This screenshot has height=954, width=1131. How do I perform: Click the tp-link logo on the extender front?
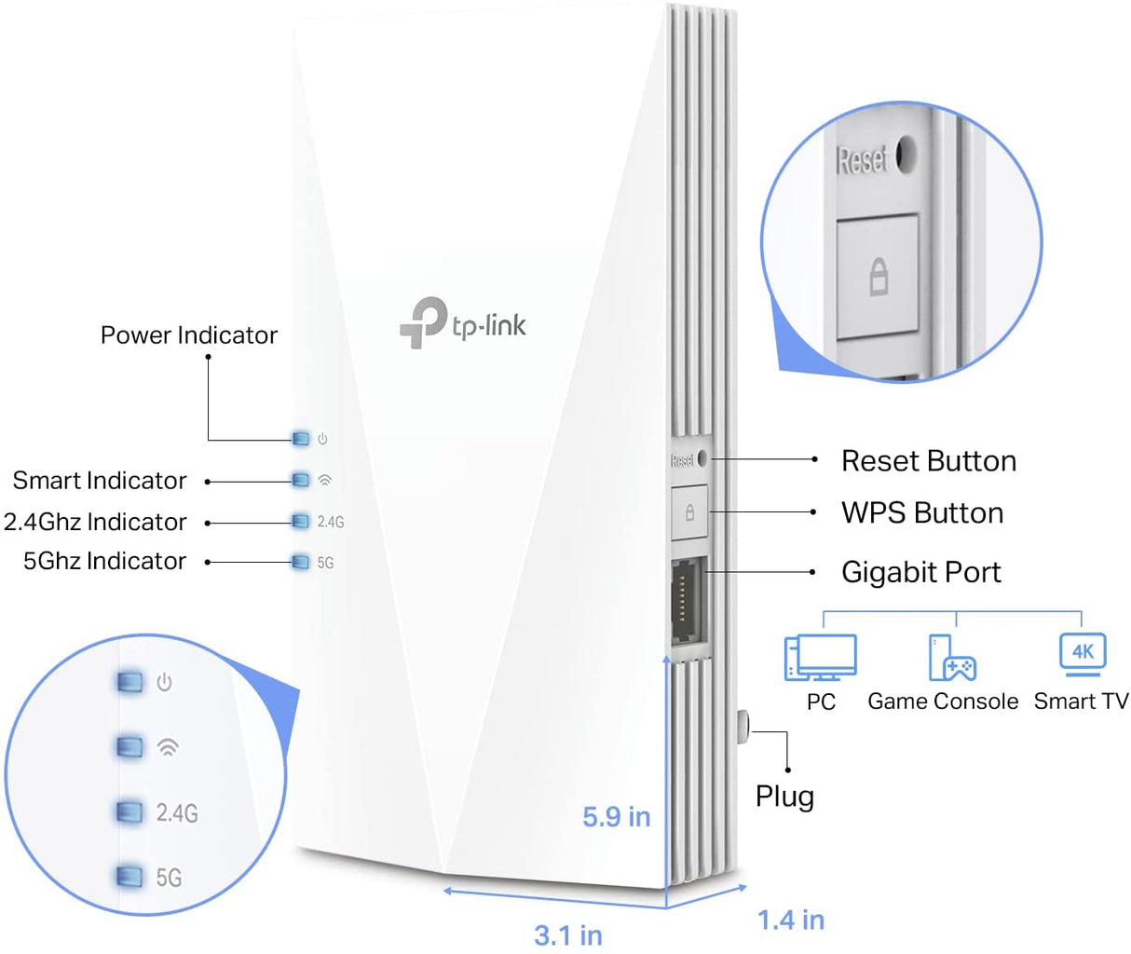coord(463,323)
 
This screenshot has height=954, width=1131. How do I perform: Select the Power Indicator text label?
coord(188,335)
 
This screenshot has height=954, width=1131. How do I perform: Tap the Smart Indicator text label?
coord(100,481)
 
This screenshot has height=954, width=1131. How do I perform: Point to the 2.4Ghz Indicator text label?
coord(95,522)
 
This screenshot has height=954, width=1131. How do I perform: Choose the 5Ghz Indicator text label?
coord(104,561)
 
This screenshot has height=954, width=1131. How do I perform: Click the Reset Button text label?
coord(928,461)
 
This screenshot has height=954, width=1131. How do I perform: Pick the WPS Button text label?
coord(921,513)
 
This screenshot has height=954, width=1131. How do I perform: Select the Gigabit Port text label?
coord(920,572)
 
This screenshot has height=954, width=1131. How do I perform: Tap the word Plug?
coord(784,797)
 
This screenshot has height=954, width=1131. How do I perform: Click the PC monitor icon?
coord(820,658)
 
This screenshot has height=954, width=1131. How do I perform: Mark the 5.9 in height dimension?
coord(616,817)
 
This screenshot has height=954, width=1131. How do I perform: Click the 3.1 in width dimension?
coord(567,934)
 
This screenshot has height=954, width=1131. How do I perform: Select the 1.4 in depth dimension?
coord(790,920)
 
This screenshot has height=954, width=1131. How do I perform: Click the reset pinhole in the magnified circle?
coord(906,156)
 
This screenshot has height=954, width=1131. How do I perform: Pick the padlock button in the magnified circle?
coord(878,277)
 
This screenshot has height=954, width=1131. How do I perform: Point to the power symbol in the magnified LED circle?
coord(164,682)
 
